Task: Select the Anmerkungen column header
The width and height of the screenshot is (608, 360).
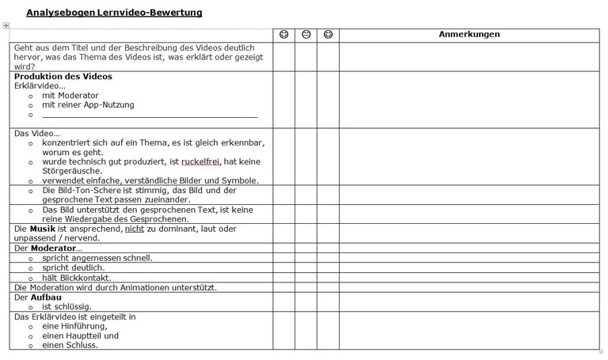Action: (469, 35)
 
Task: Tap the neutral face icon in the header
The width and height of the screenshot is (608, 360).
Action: (306, 35)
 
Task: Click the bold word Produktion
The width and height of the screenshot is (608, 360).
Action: (40, 77)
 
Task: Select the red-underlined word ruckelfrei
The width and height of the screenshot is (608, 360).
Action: (199, 161)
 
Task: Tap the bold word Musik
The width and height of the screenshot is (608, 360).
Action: (42, 229)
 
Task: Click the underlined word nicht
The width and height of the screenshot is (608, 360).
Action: (134, 229)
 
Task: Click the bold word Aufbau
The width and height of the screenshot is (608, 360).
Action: (46, 297)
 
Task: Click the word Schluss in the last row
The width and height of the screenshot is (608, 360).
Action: (81, 345)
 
